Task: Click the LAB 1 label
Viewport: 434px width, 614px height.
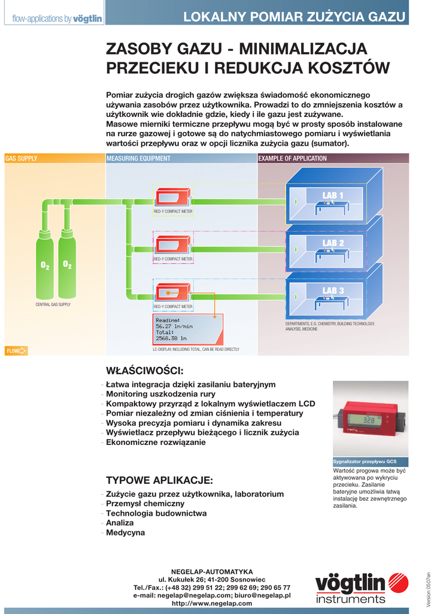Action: pos(333,195)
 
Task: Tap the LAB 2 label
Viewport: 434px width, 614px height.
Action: pos(333,243)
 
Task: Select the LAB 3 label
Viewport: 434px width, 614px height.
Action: pos(333,291)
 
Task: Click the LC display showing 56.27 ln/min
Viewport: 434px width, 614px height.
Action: pos(187,329)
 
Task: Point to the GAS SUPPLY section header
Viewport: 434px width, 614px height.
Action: pos(21,159)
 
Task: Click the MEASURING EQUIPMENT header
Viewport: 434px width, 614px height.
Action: pos(138,159)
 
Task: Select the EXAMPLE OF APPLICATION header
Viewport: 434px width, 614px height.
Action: pos(292,159)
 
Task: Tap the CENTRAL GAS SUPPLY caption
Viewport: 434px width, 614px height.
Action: pos(53,305)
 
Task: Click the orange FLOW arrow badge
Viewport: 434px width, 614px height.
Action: pos(16,351)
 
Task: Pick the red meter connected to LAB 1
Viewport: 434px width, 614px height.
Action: pos(172,197)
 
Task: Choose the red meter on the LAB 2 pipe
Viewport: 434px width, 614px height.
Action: pos(172,245)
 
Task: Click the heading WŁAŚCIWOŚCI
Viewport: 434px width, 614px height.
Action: pos(144,370)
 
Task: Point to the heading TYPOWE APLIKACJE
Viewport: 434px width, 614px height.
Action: pos(159,480)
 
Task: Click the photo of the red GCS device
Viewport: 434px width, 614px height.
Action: pos(370,419)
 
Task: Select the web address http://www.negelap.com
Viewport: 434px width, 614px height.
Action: pos(212,604)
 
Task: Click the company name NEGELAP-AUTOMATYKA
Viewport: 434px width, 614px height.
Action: pos(212,572)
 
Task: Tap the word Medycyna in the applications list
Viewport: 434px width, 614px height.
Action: pos(125,532)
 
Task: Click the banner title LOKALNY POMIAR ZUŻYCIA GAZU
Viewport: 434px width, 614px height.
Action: pos(294,17)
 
